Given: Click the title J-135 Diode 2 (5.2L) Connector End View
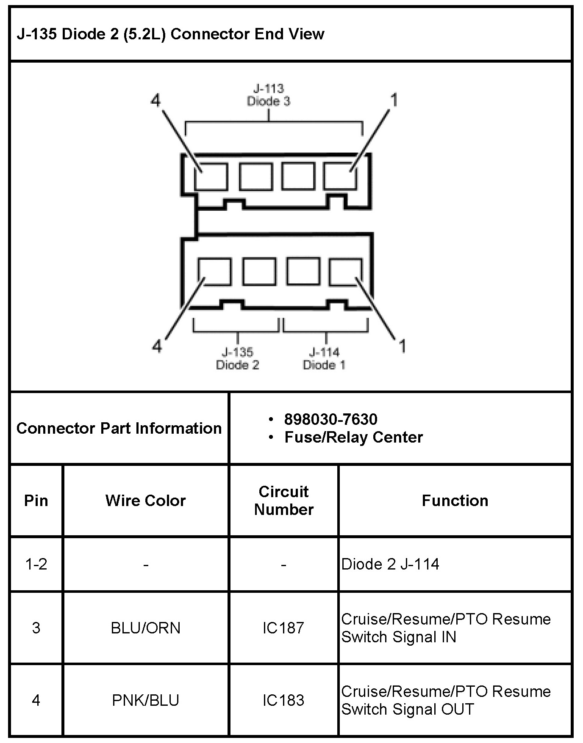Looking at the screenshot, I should point(170,34).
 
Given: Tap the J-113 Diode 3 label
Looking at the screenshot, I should point(268,95).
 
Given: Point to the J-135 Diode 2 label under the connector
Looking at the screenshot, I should point(237,358).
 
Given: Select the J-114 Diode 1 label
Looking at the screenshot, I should point(324,358).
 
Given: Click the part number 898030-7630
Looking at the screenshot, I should point(330,419).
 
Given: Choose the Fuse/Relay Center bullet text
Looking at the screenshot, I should point(353,437).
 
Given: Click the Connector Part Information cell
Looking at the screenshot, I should point(119,428).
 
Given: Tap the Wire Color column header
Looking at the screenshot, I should point(145,501).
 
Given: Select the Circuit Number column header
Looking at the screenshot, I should point(283,501).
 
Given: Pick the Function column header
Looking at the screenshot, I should point(455,501).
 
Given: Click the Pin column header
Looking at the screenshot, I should point(36,501).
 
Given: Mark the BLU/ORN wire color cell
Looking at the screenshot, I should point(145,628).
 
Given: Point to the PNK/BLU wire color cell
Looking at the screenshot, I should point(145,700).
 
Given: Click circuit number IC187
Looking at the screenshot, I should point(283,628).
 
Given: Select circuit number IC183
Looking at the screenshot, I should point(283,700).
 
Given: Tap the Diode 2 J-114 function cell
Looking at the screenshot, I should point(390,564).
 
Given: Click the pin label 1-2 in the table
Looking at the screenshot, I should point(36,564).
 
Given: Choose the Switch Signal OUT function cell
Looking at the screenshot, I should point(446,700).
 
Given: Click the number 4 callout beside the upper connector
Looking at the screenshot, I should point(156,101).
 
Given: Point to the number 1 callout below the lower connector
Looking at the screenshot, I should point(402,346).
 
